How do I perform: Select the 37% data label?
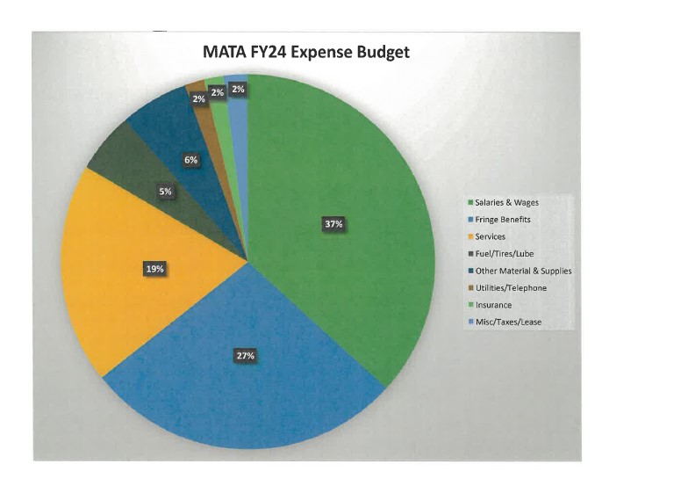[x=333, y=224]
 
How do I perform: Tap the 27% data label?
[x=245, y=356]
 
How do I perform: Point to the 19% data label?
[x=154, y=269]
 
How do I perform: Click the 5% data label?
[x=166, y=191]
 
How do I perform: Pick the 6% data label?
[x=190, y=160]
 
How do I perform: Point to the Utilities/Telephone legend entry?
[x=515, y=287]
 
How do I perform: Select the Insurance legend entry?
[x=498, y=305]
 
